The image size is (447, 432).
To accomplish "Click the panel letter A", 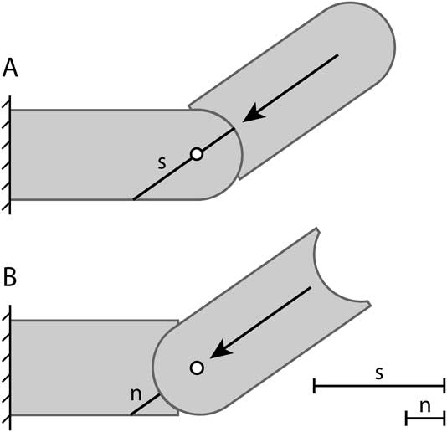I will [12, 68].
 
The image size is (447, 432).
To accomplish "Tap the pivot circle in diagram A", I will [196, 154].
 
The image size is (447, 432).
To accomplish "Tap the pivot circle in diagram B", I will [196, 368].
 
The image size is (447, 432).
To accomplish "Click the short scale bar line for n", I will [424, 416].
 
